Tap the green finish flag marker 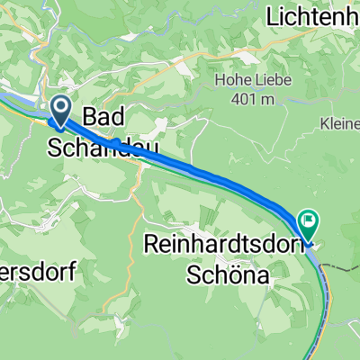pos(308,219)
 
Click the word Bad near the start pos(103,117)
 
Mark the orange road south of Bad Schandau pos(138,193)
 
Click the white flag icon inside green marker pos(309,217)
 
